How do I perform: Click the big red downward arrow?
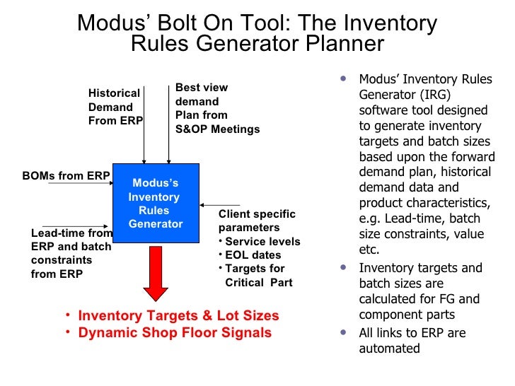[156, 273]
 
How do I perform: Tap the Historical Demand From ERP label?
[115, 107]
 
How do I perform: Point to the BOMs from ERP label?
[66, 176]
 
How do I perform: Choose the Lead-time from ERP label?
[71, 253]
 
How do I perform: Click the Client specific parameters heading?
[257, 221]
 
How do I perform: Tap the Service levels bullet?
[262, 241]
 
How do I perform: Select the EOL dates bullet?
[253, 255]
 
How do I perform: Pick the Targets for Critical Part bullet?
[258, 275]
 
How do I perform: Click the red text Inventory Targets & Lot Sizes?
[178, 315]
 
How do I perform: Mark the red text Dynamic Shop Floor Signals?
[175, 332]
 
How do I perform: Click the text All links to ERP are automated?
[412, 340]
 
